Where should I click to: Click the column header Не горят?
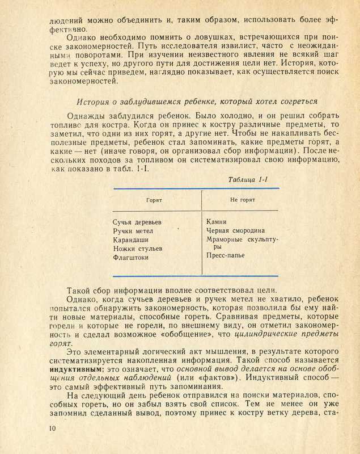[242, 200]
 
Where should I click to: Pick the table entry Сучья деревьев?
[138, 221]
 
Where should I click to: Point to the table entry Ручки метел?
[133, 230]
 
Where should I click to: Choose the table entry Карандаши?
[131, 239]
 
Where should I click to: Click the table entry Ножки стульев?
[138, 249]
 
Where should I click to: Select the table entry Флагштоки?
[131, 258]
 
